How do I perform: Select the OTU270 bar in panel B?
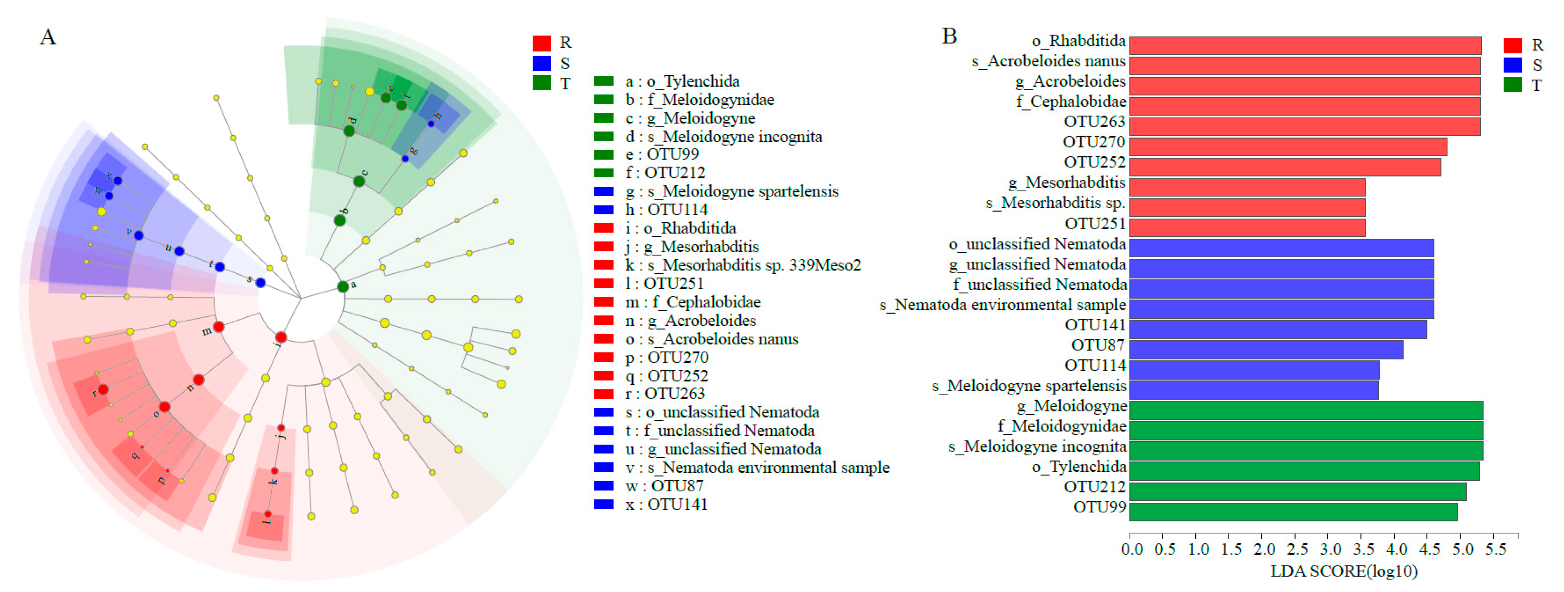[x=1287, y=147]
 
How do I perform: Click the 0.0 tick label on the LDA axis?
[x=1132, y=550]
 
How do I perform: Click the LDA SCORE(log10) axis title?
[x=1343, y=571]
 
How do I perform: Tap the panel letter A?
[x=48, y=38]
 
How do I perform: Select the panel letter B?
[x=949, y=36]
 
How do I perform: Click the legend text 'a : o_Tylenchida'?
[x=682, y=81]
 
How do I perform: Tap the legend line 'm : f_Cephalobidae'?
[x=693, y=302]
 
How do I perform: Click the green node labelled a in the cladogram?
[x=343, y=286]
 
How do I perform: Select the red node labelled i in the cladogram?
[x=281, y=337]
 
